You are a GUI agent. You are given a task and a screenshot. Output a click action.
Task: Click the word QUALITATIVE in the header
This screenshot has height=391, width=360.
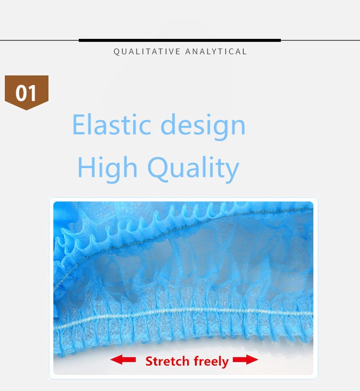pyautogui.click(x=147, y=51)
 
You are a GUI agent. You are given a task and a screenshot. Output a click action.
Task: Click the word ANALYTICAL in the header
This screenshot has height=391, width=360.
pyautogui.click(x=216, y=51)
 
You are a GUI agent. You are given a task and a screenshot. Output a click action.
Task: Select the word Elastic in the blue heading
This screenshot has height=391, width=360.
pyautogui.click(x=112, y=124)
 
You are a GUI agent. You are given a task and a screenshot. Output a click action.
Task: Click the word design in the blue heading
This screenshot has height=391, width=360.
pyautogui.click(x=204, y=126)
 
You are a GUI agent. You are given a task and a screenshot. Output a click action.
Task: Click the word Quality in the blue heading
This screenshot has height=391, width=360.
pyautogui.click(x=193, y=169)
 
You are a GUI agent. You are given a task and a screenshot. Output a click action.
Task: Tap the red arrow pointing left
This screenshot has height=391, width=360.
pyautogui.click(x=123, y=360)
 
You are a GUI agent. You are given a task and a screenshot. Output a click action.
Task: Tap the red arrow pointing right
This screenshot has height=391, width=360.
pyautogui.click(x=245, y=360)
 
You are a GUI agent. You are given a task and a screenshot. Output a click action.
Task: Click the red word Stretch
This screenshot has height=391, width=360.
pyautogui.click(x=168, y=361)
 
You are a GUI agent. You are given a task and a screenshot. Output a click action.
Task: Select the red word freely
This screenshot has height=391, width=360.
pyautogui.click(x=211, y=362)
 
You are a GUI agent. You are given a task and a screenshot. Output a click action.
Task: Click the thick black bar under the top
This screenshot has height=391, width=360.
pyautogui.click(x=180, y=40)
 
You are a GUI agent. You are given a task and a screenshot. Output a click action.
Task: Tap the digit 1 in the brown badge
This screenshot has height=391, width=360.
pyautogui.click(x=32, y=93)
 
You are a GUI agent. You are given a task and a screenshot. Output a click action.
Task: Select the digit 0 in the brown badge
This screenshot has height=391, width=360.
pyautogui.click(x=21, y=93)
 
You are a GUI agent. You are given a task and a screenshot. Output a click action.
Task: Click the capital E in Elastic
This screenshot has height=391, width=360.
pyautogui.click(x=79, y=124)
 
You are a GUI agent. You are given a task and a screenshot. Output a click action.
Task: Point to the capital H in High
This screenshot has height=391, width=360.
pyautogui.click(x=86, y=167)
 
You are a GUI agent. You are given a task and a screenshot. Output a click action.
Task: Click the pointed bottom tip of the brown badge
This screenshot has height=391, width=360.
pyautogui.click(x=27, y=110)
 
